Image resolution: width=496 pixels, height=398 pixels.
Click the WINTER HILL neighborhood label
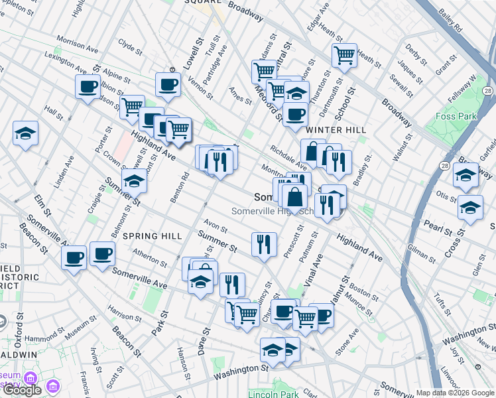[x=336, y=130]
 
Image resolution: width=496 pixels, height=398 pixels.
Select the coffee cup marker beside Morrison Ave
[x=87, y=86]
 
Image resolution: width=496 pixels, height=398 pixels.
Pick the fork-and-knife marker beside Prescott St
[x=264, y=243]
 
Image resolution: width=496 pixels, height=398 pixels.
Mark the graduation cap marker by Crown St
[x=134, y=180]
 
